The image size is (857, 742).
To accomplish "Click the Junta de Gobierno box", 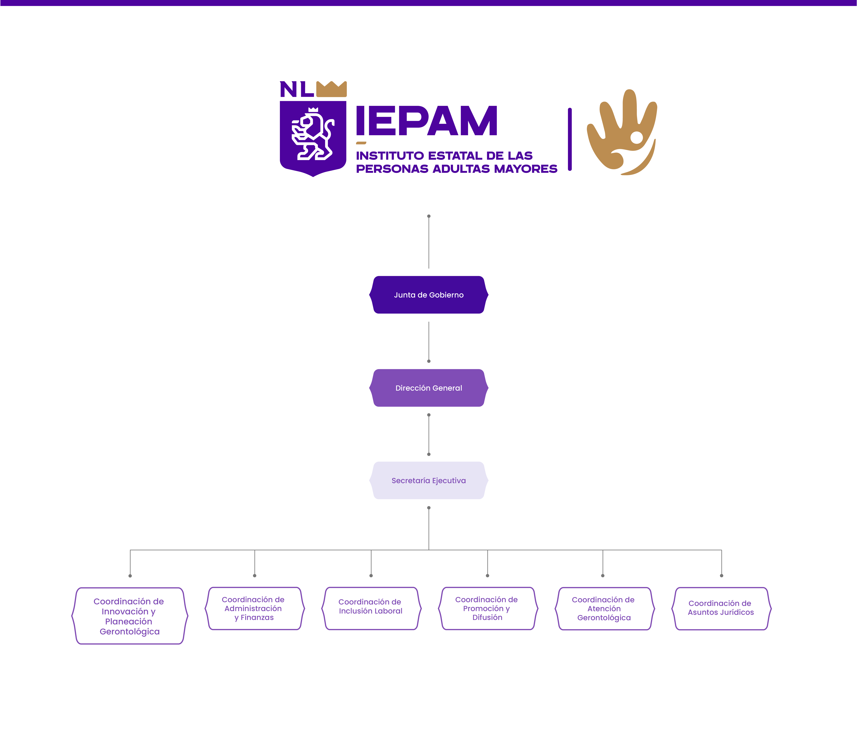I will (429, 295).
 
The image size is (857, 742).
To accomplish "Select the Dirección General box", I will (429, 388).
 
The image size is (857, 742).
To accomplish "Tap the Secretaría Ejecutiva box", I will (429, 480).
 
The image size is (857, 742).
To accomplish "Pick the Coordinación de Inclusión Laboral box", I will (371, 608).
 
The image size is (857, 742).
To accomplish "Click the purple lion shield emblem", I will (313, 137).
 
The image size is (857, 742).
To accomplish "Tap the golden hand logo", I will (621, 132).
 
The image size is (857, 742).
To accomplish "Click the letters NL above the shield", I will (297, 89).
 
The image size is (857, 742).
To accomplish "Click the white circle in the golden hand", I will (637, 137).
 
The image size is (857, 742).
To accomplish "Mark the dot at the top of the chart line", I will (429, 216).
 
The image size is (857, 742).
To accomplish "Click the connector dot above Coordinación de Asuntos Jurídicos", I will (722, 576).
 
